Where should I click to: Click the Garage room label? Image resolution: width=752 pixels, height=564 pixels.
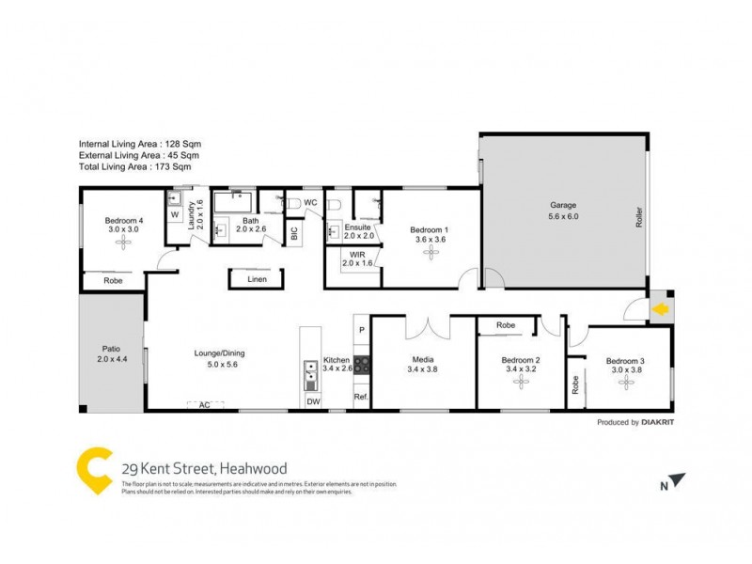(563, 205)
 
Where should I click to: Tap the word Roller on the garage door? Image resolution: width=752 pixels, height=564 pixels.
(639, 217)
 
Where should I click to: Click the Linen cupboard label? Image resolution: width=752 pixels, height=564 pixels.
(257, 279)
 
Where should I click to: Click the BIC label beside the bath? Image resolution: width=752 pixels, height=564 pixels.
(294, 234)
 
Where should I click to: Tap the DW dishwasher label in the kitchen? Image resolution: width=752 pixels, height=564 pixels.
(312, 402)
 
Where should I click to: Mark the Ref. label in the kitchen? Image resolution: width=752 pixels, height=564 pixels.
(360, 398)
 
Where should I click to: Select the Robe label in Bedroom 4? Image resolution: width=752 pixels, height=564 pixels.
(113, 280)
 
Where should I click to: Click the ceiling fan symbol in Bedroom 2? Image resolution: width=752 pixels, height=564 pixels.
(519, 386)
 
